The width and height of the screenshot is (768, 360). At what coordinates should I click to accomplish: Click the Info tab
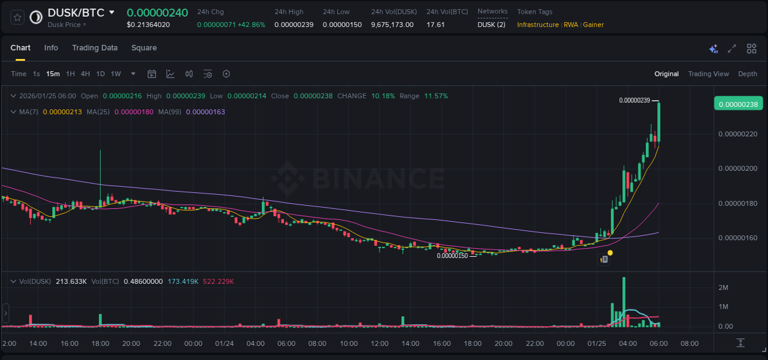pos(51,48)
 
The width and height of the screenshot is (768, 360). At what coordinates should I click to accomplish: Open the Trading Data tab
pos(95,48)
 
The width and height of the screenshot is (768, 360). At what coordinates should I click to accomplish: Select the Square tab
pos(144,48)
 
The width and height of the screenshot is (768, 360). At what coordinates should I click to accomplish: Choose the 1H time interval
pos(70,74)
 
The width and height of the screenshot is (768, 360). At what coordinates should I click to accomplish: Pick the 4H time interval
pos(85,74)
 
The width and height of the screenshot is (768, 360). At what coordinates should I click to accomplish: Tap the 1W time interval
pos(116,74)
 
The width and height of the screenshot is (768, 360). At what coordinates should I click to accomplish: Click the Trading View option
pos(708,74)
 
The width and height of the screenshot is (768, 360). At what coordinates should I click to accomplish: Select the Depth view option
pos(748,74)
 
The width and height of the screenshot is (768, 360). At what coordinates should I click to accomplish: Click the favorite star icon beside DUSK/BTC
pos(18,17)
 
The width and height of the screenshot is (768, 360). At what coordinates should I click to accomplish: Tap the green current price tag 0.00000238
pos(737,104)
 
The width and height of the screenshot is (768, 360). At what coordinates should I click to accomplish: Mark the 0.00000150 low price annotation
pos(452,256)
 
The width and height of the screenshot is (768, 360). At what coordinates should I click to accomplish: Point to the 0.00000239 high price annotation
pos(635,100)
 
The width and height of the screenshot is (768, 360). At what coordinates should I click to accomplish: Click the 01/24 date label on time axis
pos(224,343)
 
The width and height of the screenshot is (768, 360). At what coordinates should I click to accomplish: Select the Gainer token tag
pos(594,25)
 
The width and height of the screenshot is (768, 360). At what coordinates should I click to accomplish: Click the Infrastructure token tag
pos(538,25)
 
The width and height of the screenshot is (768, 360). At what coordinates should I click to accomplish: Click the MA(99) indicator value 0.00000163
pos(205,112)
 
